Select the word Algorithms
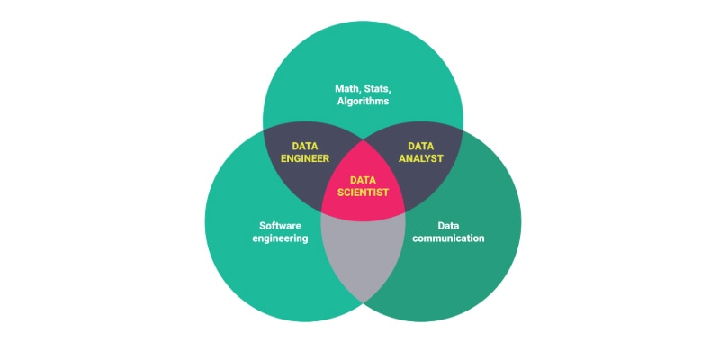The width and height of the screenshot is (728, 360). pos(363,101)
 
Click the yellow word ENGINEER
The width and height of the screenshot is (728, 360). pos(304,158)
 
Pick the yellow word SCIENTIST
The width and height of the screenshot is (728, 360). pos(363,193)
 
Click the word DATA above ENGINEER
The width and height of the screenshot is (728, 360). pos(304,147)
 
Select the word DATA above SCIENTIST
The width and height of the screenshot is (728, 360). pos(363,180)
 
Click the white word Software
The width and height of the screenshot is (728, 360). pos(280,226)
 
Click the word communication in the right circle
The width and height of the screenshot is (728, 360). pos(448,238)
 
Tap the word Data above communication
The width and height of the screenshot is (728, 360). pos(448,226)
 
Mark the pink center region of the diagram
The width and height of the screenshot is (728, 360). pos(363,185)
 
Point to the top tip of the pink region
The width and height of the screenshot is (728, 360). pos(363,140)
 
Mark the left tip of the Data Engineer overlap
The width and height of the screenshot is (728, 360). pos(264,130)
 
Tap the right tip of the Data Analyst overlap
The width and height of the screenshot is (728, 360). pos(463,130)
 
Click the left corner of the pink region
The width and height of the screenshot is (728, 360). pos(321,211)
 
